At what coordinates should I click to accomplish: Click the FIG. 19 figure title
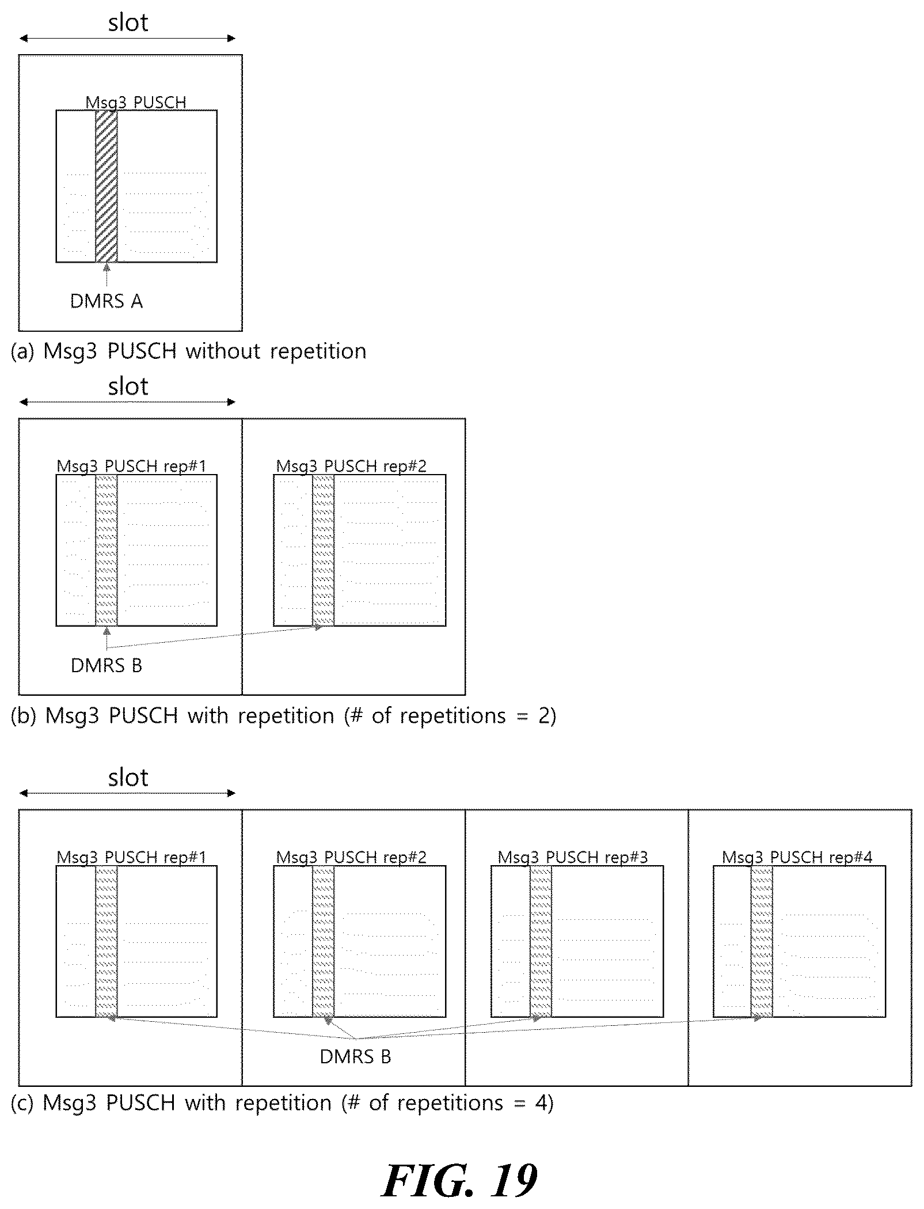tap(459, 1180)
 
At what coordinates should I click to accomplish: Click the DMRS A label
tap(107, 301)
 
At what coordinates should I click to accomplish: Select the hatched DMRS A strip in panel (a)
tap(107, 186)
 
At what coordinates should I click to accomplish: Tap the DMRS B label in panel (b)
tap(107, 665)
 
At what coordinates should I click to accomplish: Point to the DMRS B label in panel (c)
tap(355, 1056)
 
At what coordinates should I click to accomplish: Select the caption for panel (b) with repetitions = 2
tap(284, 715)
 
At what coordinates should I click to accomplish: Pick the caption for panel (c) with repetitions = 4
tap(282, 1102)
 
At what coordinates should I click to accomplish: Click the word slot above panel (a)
tap(128, 22)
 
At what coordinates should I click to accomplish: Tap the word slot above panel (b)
tap(128, 386)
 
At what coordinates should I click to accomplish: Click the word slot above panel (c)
tap(128, 778)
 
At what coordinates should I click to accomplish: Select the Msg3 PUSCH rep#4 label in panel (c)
tap(797, 857)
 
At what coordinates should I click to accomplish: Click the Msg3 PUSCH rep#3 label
tap(573, 857)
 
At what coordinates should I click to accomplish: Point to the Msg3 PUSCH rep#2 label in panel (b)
tap(351, 466)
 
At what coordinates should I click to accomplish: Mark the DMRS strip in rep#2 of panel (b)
tap(324, 550)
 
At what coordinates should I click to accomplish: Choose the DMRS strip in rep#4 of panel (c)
tap(762, 942)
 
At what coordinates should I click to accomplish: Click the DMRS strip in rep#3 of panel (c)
tap(541, 942)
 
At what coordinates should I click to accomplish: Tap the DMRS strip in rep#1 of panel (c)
tap(107, 942)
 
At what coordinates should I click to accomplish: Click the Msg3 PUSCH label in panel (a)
tap(136, 103)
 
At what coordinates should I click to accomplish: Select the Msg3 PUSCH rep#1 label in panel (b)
tap(131, 466)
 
